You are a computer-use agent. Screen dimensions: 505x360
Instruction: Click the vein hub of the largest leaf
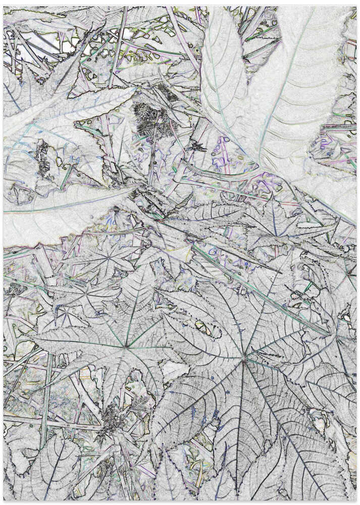pos(244,360)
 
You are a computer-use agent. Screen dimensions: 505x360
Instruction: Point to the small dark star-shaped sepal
pos(196,146)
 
